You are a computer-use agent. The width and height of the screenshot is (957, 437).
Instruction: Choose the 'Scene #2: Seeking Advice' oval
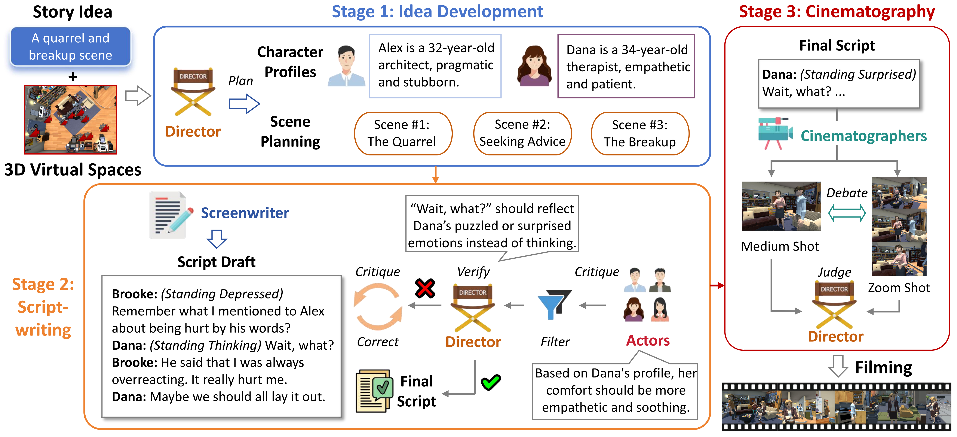coord(522,133)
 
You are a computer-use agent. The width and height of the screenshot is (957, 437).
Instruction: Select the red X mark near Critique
coord(425,288)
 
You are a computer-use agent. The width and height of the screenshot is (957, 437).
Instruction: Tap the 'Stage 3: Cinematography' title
coord(837,12)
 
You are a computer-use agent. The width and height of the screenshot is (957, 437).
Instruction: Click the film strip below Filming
coord(836,407)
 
